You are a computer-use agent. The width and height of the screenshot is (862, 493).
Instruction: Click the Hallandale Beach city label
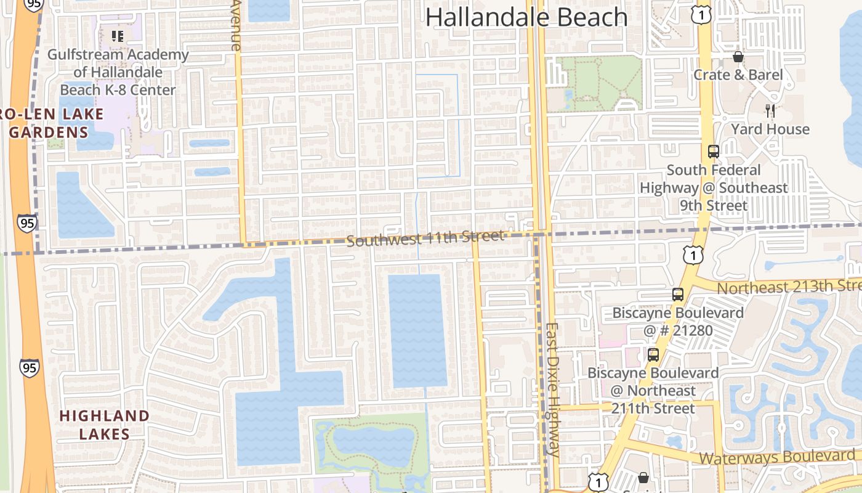tap(526, 17)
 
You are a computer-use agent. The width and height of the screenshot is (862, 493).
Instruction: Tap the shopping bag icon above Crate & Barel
tap(738, 57)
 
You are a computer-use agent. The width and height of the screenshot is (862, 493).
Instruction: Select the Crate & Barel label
tap(738, 75)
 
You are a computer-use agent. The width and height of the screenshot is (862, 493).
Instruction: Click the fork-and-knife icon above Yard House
tap(770, 111)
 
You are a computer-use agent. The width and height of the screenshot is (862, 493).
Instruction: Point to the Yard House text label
tap(770, 129)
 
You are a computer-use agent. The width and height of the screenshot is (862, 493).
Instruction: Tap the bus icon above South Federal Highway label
tap(713, 152)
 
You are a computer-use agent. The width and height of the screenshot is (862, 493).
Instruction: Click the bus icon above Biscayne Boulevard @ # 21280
tap(677, 295)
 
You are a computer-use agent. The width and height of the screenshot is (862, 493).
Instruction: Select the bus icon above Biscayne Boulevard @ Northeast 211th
tap(653, 355)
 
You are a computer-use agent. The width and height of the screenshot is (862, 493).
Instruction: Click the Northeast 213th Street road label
tap(788, 287)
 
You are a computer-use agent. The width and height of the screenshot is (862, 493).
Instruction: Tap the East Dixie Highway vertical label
tap(552, 389)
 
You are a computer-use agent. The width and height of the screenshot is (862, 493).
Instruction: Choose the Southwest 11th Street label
tap(425, 238)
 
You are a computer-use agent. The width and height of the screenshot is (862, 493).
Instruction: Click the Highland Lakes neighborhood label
tap(104, 425)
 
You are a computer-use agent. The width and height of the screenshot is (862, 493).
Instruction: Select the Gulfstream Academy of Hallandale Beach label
tap(118, 72)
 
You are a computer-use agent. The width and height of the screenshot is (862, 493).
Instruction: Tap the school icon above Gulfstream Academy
tap(118, 36)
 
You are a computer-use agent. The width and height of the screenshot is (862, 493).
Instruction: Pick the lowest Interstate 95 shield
tap(29, 368)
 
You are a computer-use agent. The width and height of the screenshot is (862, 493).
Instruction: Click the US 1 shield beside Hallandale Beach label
tap(701, 15)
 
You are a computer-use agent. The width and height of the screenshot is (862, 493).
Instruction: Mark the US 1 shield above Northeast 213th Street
tap(693, 254)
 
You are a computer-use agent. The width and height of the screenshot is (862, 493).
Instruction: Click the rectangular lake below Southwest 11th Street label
tap(417, 331)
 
